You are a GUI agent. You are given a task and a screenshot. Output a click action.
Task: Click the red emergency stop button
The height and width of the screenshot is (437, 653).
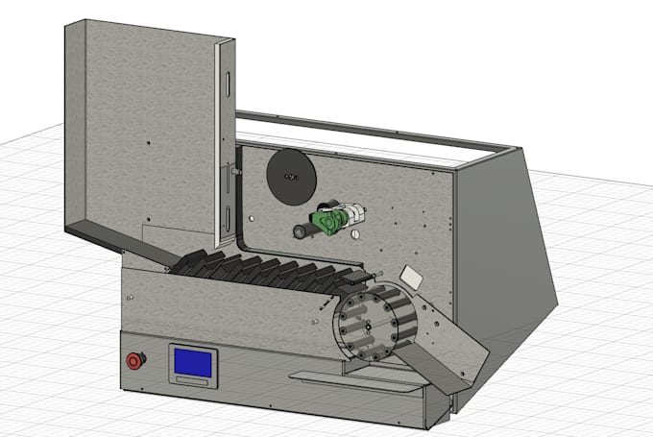pyautogui.click(x=135, y=360)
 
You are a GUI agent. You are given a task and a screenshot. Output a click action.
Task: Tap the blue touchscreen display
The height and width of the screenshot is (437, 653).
pyautogui.click(x=193, y=362)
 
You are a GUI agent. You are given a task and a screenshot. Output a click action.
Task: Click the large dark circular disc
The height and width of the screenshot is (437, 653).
pyautogui.click(x=291, y=177)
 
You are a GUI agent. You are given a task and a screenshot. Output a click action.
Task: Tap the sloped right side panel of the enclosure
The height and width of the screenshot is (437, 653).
pyautogui.click(x=504, y=250)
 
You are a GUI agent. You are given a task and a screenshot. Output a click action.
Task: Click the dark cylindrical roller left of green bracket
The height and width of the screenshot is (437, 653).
pyautogui.click(x=303, y=231)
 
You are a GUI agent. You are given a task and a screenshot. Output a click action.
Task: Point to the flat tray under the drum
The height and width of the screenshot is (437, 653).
pyautogui.click(x=355, y=381)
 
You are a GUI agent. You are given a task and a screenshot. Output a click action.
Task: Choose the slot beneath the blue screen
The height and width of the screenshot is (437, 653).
pyautogui.click(x=193, y=382)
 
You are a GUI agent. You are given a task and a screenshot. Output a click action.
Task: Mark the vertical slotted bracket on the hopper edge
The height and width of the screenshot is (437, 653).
pyautogui.click(x=227, y=144)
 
